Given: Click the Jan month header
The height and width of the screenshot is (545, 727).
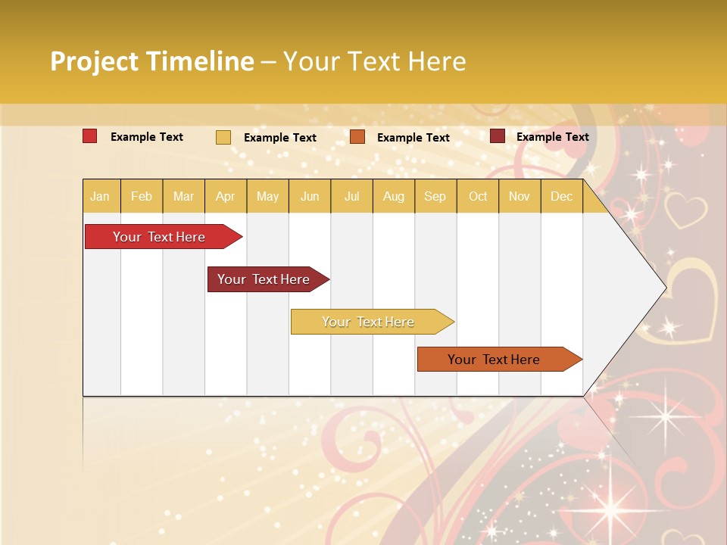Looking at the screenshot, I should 100,197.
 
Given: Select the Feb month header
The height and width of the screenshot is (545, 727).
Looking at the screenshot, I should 142,197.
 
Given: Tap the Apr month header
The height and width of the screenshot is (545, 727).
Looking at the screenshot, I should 225,197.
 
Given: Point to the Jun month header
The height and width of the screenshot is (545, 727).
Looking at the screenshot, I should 310,197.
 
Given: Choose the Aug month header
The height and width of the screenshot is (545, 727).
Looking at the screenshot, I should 393,197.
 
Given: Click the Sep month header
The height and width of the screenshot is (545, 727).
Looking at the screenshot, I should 435,197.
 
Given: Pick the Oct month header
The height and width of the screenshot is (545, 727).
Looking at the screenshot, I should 478,197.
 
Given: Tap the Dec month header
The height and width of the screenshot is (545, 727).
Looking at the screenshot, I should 561,197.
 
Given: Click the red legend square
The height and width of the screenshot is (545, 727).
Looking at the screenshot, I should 90,136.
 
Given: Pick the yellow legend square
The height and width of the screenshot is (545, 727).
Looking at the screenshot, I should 223,137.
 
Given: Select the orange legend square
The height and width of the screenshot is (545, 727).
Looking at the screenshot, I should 357,137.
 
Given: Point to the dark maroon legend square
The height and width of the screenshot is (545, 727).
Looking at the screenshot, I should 498,136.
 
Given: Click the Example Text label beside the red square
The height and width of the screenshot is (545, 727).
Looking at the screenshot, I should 147,137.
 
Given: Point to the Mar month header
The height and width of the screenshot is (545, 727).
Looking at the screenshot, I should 183,197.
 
